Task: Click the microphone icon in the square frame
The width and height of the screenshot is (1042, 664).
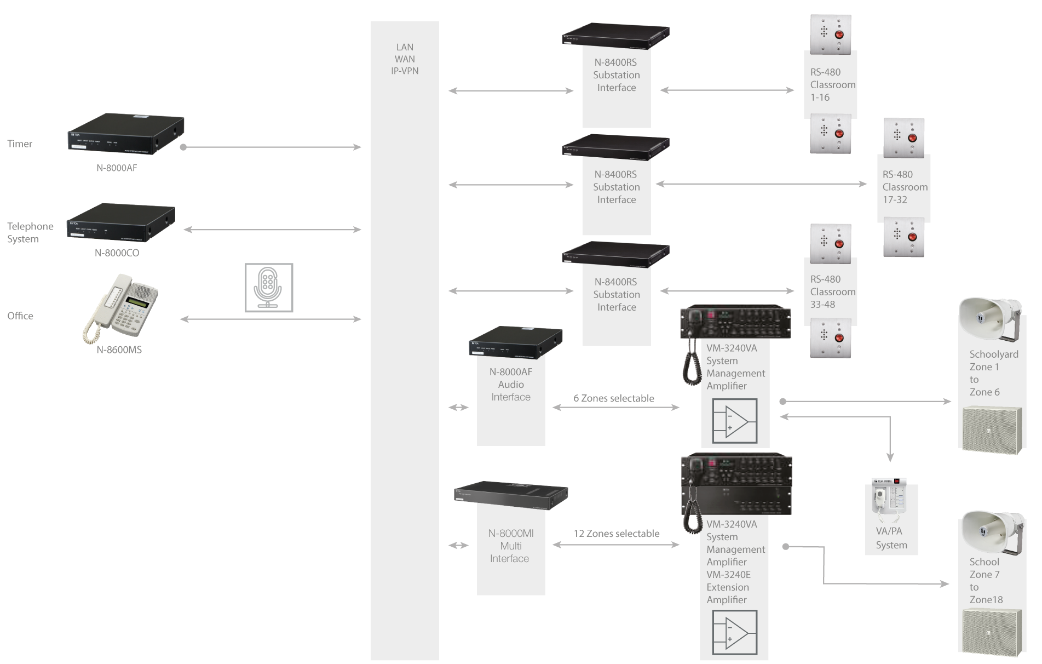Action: pos(269,288)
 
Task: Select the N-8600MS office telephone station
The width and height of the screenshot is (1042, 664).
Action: pos(121,309)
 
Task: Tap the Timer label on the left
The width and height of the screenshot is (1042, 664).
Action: pos(20,144)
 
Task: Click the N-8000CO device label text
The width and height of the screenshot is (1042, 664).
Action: pos(117,253)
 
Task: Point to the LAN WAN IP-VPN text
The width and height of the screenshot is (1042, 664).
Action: pos(405,59)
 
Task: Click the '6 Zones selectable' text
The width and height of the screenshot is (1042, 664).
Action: pos(614,398)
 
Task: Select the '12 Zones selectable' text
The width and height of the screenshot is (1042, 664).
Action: pos(617,534)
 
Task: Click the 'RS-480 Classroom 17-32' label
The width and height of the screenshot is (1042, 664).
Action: pos(905,187)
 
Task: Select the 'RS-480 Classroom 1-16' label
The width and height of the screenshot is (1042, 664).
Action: pos(832,85)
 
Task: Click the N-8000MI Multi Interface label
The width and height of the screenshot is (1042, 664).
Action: pos(510,546)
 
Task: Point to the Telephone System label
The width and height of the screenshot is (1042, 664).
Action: pos(30,232)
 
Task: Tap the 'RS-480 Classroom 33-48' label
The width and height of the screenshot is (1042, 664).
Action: pos(832,292)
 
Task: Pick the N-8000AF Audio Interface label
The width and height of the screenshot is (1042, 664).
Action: pos(511,385)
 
